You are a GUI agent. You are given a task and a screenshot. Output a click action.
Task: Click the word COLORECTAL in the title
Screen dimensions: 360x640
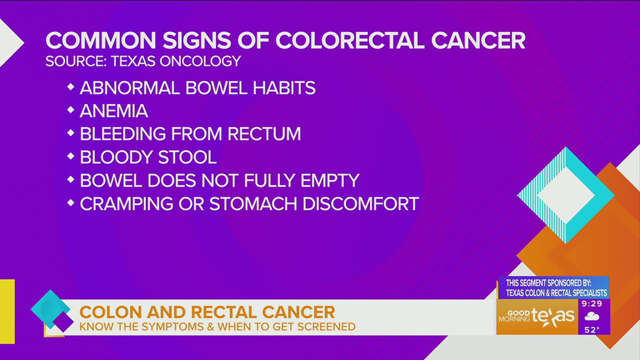350,41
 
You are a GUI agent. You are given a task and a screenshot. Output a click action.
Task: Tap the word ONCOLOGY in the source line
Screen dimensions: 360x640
200,61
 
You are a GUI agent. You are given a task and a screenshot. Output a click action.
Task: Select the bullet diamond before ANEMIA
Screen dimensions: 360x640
71,110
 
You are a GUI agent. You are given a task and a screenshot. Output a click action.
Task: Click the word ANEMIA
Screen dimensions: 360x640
114,111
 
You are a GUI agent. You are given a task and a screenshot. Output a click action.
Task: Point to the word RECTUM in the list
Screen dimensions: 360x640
264,134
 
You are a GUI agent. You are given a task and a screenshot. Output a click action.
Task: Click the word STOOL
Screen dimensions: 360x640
187,157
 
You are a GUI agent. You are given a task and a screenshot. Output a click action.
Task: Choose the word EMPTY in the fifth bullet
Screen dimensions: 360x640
330,181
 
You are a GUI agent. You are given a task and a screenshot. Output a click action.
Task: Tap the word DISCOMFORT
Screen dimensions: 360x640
360,204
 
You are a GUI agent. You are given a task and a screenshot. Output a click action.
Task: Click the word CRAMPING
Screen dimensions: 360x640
126,204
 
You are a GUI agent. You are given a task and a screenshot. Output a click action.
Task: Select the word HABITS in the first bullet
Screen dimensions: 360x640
284,88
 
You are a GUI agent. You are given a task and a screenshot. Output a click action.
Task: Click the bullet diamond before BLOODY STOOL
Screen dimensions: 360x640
71,156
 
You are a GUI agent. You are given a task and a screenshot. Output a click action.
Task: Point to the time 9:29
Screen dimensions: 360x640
592,304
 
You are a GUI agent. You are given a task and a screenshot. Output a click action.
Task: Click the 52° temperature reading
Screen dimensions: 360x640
592,330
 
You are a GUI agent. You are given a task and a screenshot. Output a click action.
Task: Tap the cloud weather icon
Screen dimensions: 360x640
592,316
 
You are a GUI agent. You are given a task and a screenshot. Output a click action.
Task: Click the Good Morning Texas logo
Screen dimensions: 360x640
537,317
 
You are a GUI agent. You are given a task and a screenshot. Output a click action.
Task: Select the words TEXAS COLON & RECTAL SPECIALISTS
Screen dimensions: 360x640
556,293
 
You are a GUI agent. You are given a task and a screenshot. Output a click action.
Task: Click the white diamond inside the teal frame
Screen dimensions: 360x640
566,196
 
